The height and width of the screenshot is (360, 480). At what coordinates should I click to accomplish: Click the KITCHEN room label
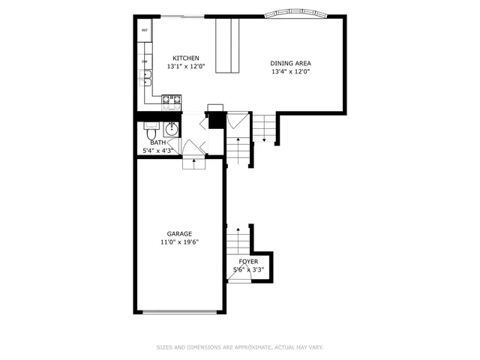pyautogui.click(x=185, y=58)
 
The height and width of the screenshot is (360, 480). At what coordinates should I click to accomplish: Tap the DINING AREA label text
pyautogui.click(x=290, y=63)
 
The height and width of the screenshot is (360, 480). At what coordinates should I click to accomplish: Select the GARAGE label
pyautogui.click(x=179, y=234)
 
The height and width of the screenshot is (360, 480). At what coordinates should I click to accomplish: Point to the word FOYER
pyautogui.click(x=248, y=262)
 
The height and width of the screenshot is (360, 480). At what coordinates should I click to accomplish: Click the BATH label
pyautogui.click(x=157, y=142)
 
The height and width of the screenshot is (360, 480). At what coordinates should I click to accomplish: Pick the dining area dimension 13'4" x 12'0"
pyautogui.click(x=290, y=71)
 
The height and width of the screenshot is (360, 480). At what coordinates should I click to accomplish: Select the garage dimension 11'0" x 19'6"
pyautogui.click(x=179, y=242)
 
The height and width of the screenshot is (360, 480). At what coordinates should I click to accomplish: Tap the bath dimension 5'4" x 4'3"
pyautogui.click(x=158, y=151)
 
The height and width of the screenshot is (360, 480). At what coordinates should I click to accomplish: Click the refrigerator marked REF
pyautogui.click(x=145, y=30)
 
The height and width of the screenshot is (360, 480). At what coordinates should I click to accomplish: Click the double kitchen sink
pyautogui.click(x=144, y=77)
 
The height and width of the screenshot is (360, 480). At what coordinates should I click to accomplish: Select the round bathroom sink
pyautogui.click(x=172, y=127)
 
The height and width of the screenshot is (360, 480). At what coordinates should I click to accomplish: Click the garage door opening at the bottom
pyautogui.click(x=179, y=312)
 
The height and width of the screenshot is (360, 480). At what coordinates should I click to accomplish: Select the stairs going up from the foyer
pyautogui.click(x=238, y=241)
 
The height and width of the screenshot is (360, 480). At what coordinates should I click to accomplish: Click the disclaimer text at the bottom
pyautogui.click(x=240, y=347)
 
